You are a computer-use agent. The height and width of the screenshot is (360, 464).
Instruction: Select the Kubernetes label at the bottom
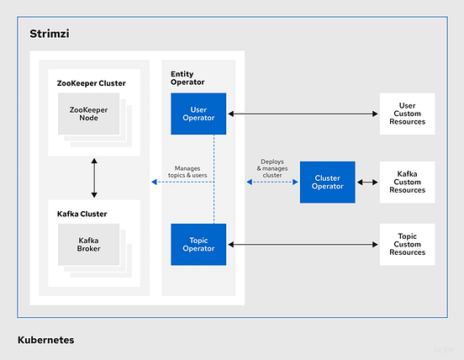[x=45, y=340]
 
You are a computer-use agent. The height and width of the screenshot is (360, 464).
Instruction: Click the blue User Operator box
[x=198, y=113]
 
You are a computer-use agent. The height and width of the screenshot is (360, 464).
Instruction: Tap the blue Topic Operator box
[x=198, y=244]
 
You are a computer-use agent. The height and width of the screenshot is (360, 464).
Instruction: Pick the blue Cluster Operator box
[x=328, y=182]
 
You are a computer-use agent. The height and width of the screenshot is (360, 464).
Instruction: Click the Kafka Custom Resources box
[x=408, y=182]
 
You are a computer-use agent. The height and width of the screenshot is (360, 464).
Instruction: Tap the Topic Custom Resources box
[x=408, y=245]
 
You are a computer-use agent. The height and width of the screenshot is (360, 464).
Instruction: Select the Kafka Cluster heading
[x=82, y=214]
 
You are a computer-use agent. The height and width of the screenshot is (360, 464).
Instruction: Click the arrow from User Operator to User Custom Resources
[x=303, y=114]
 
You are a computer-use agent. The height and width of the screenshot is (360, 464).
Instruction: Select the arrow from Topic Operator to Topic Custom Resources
[x=303, y=245]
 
